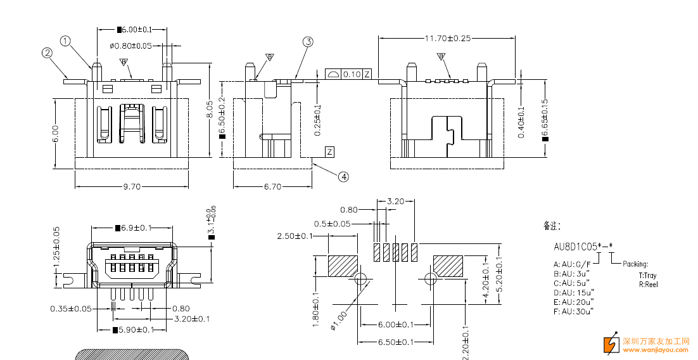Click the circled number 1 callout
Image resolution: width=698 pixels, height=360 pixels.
(x=65, y=41)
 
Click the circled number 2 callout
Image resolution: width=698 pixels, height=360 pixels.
(x=47, y=53)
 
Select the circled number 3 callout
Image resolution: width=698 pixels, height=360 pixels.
(x=308, y=42)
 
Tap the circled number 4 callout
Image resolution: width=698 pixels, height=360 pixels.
(x=343, y=177)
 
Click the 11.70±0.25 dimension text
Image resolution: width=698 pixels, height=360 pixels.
(x=447, y=38)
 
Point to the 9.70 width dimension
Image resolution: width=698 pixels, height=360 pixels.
(x=132, y=187)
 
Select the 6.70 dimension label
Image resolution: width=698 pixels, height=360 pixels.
(x=272, y=187)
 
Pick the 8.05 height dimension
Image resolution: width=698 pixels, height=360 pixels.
(x=210, y=110)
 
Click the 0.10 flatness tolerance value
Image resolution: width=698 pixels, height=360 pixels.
(x=352, y=74)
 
